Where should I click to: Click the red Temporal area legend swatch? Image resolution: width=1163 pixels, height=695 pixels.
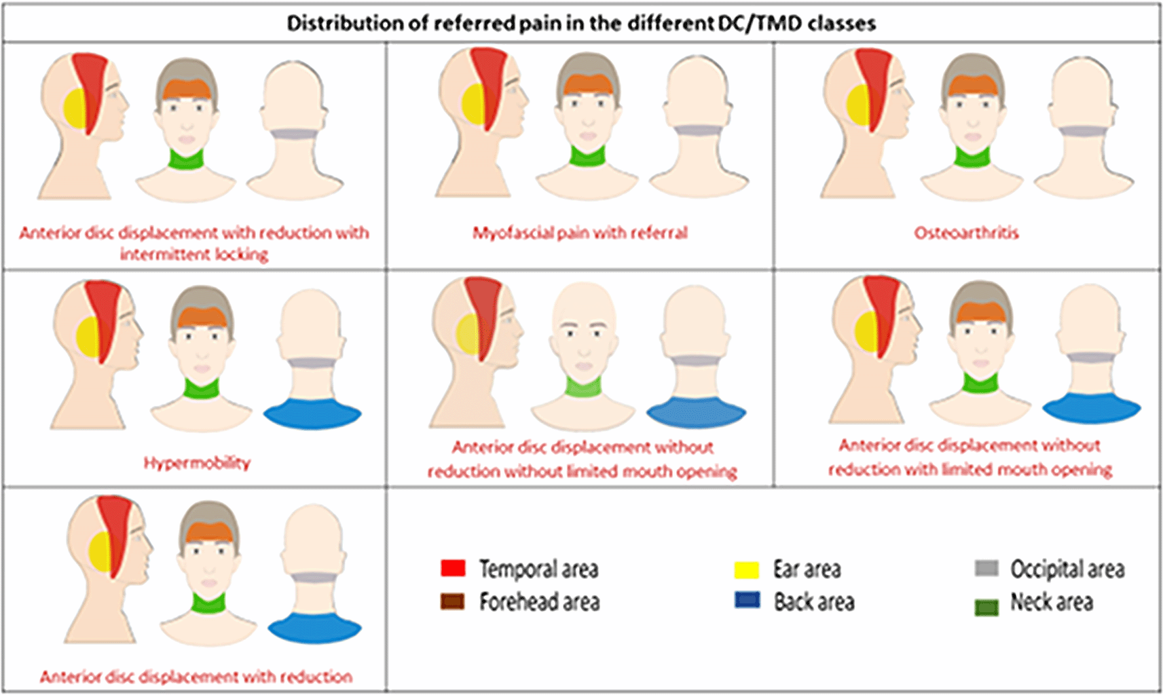453,568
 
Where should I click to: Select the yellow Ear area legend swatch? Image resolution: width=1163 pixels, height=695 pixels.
746,569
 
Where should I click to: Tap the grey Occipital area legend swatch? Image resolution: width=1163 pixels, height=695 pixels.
986,568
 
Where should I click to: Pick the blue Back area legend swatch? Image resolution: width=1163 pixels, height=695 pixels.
747,600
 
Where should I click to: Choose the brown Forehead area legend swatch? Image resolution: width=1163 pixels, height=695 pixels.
452,601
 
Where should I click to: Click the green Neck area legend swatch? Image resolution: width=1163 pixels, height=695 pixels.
986,607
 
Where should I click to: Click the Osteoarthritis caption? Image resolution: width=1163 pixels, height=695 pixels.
966,233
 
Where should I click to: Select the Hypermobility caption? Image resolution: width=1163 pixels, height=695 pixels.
197,463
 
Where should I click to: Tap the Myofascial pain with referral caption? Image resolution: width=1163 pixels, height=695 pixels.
580,233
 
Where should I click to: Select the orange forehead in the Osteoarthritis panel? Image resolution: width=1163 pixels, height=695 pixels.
972,86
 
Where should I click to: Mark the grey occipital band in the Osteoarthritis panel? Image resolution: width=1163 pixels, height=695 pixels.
1084,130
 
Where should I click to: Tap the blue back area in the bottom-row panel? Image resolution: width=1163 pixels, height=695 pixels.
314,627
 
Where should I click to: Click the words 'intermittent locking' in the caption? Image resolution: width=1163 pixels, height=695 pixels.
194,255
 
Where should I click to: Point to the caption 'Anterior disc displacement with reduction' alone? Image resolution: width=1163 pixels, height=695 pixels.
196,677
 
